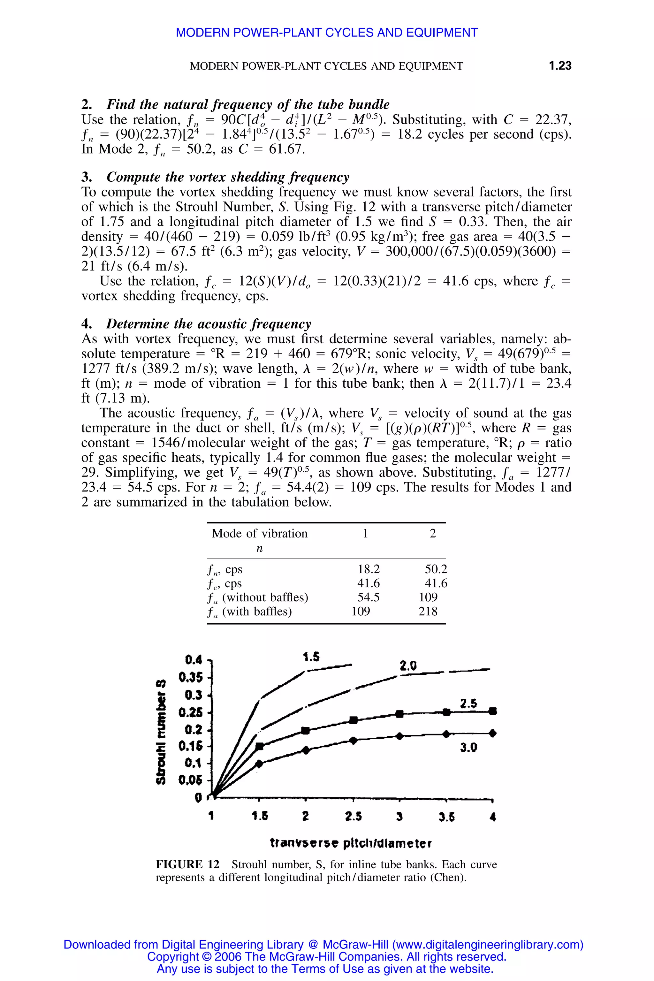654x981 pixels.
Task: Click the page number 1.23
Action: point(560,65)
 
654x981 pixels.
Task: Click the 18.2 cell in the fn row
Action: point(369,569)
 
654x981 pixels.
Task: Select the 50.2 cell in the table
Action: point(436,569)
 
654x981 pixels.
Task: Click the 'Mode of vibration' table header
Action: point(259,534)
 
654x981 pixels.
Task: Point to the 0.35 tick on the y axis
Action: point(191,677)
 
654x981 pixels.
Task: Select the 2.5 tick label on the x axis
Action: point(353,817)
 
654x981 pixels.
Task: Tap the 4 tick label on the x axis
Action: point(493,817)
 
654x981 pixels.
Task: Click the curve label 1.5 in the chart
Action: point(311,657)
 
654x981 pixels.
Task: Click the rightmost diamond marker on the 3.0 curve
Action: point(493,733)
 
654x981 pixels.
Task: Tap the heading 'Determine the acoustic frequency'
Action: point(209,324)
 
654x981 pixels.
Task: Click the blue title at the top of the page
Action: point(327,33)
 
